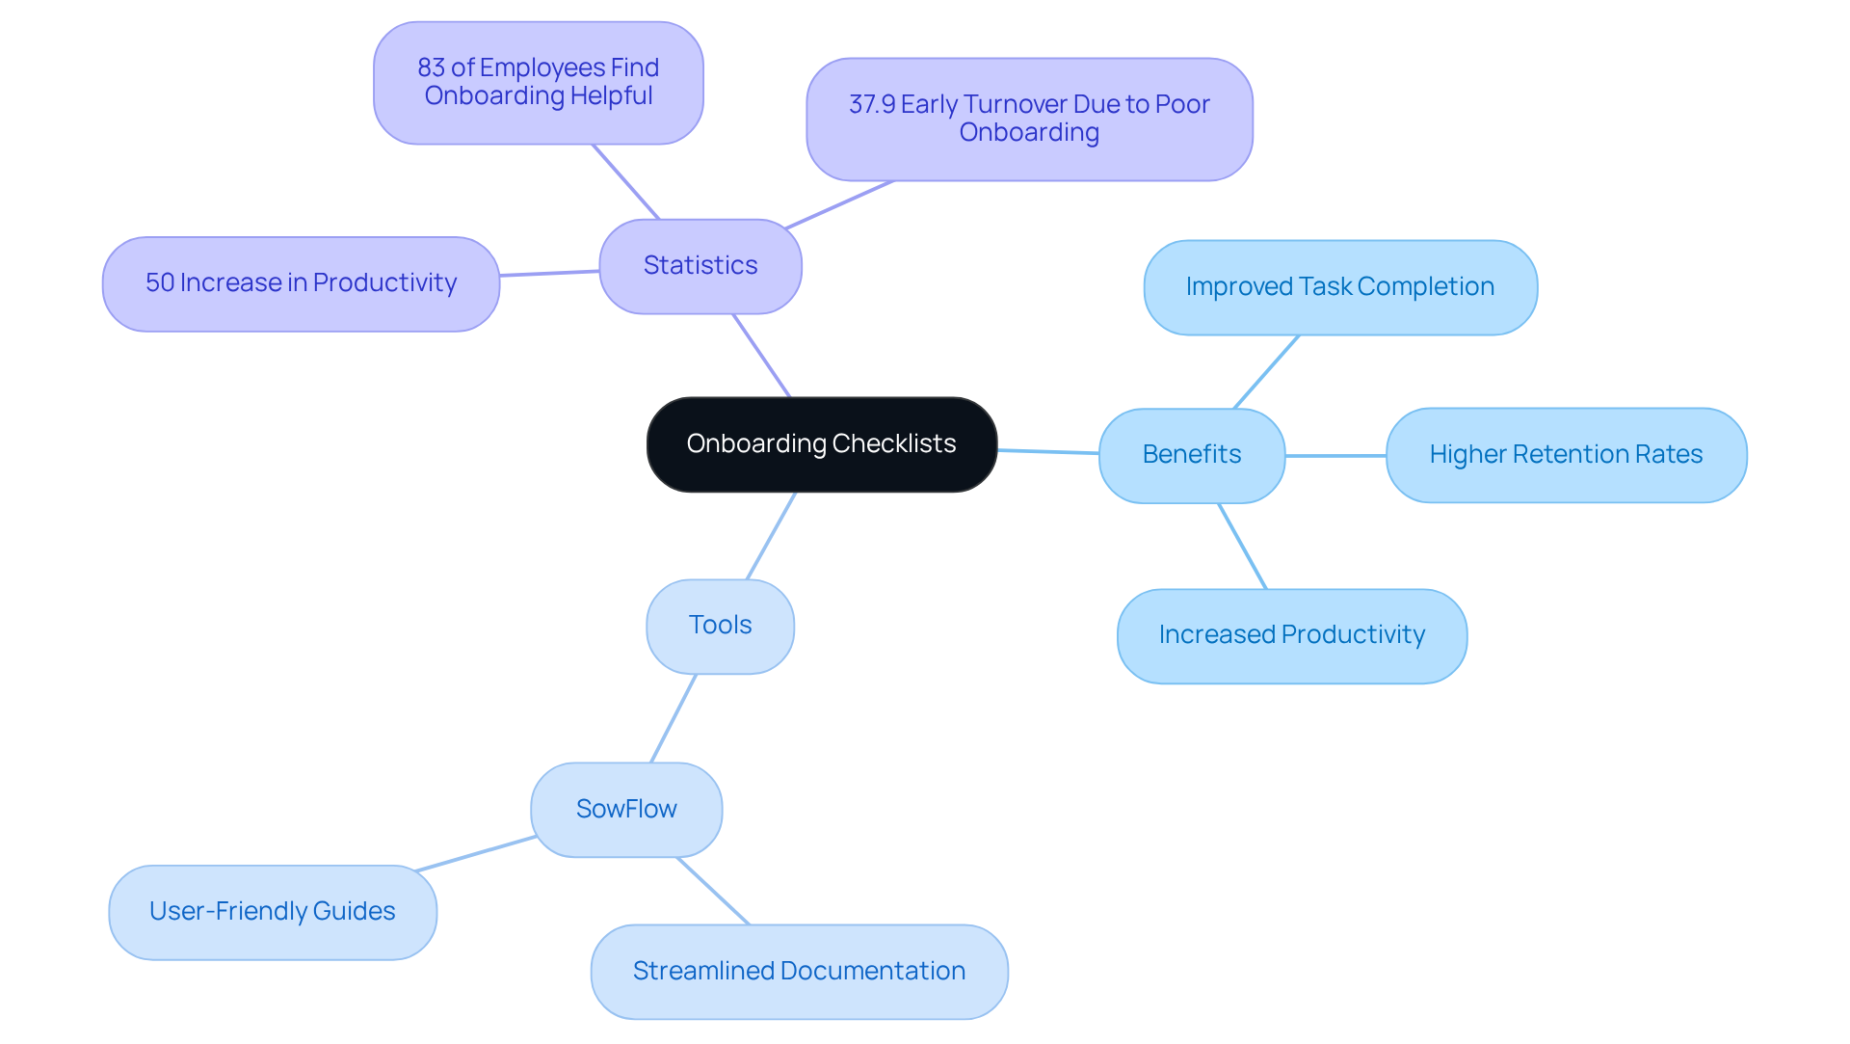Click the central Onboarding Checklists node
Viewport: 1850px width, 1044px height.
[x=821, y=444]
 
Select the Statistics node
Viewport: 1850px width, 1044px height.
[x=700, y=266]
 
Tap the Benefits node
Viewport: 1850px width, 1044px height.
[x=1192, y=455]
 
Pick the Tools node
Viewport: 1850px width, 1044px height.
[x=720, y=626]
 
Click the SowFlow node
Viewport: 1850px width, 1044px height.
[x=626, y=809]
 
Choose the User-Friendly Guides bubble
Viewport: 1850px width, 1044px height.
[x=273, y=912]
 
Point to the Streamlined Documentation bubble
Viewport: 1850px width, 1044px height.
[x=799, y=971]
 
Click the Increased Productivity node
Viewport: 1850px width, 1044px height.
[x=1291, y=635]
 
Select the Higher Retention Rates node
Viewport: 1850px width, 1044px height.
[x=1566, y=455]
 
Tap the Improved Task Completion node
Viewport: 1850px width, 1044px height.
[x=1339, y=287]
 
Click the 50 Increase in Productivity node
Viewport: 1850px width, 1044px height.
[x=301, y=283]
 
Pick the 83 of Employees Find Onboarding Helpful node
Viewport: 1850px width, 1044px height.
[x=538, y=83]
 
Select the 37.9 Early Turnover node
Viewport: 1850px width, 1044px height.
[x=1029, y=119]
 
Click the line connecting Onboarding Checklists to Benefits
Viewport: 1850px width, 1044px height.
[x=1048, y=451]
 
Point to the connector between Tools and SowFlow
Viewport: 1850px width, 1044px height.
[x=674, y=718]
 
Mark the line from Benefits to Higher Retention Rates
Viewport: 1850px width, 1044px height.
[x=1335, y=456]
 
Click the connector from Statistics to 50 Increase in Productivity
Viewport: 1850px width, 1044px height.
[x=549, y=274]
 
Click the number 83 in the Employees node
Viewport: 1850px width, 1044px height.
[x=431, y=68]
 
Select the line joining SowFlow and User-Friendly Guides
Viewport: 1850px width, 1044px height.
[x=476, y=854]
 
